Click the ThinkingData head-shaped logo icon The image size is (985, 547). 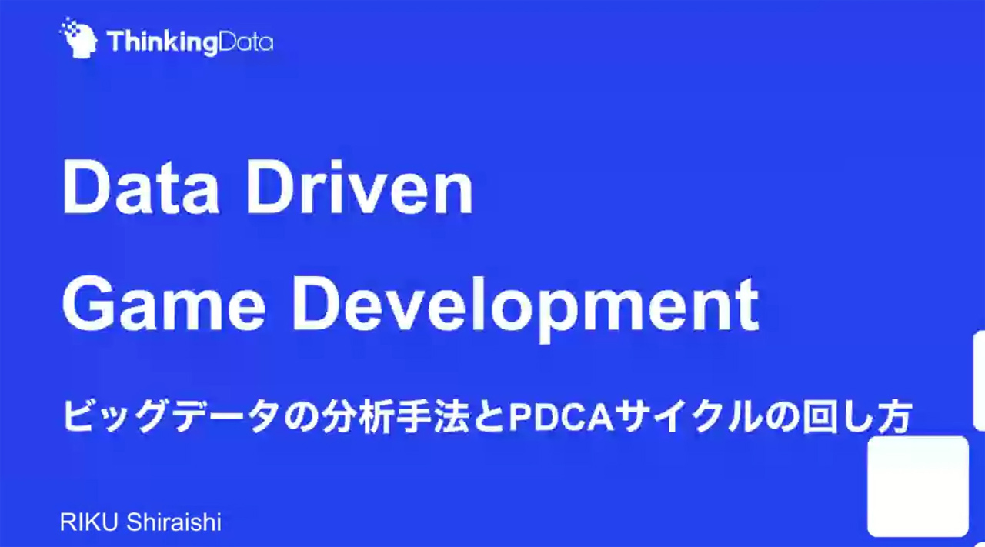(x=78, y=38)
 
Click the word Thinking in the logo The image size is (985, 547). (x=162, y=43)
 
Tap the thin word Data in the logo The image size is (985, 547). (x=245, y=42)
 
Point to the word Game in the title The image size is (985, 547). (x=164, y=305)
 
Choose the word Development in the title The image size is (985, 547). (x=526, y=309)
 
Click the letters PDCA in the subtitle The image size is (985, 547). (x=561, y=416)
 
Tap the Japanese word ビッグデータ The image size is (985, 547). (x=171, y=415)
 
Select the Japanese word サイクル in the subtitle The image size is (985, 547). (x=688, y=416)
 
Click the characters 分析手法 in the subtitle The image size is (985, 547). (x=395, y=415)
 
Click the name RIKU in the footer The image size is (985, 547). (x=88, y=522)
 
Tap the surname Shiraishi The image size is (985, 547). (x=174, y=522)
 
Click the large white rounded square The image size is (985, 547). (x=918, y=486)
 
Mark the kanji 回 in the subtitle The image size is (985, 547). (x=818, y=416)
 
